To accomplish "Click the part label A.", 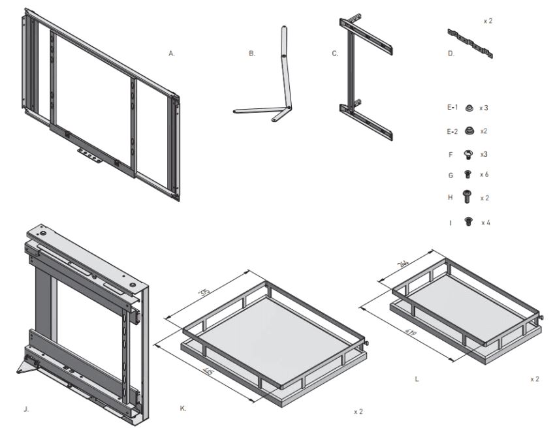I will [172, 54].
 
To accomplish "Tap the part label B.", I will [251, 54].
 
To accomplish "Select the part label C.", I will [335, 54].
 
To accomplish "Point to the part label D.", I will [451, 54].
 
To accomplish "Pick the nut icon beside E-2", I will [468, 131].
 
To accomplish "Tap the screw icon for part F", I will [468, 154].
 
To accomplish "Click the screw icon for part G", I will [467, 174].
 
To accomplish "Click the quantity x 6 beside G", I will [485, 174].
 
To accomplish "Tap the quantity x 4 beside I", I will [486, 223].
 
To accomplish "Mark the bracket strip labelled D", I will [471, 42].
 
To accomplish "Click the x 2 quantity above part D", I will [488, 21].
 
